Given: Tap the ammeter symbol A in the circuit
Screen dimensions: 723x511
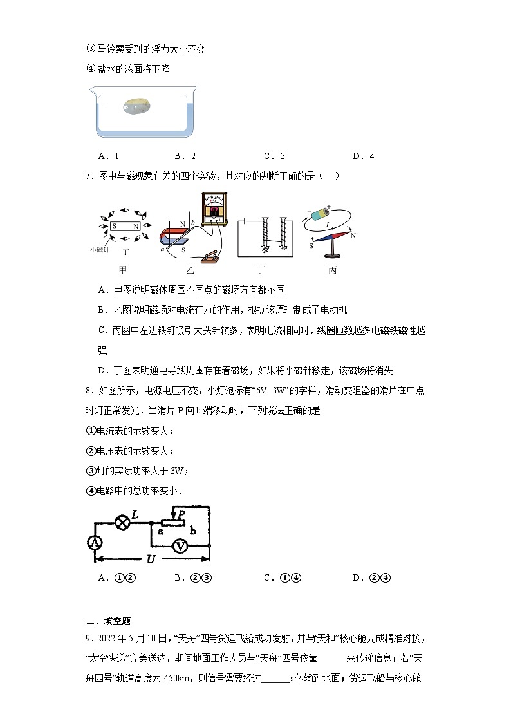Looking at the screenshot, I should (x=96, y=543).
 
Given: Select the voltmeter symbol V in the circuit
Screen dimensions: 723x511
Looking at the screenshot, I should (x=181, y=545).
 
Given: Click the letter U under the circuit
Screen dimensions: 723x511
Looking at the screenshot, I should (x=151, y=559).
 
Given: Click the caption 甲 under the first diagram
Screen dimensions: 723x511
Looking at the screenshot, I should (x=122, y=270).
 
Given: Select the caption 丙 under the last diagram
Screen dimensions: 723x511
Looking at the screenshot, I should (x=332, y=270).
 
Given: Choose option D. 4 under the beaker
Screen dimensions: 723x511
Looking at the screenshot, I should (x=363, y=156).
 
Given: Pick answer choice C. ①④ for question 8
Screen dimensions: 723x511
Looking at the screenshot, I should (x=274, y=577).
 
